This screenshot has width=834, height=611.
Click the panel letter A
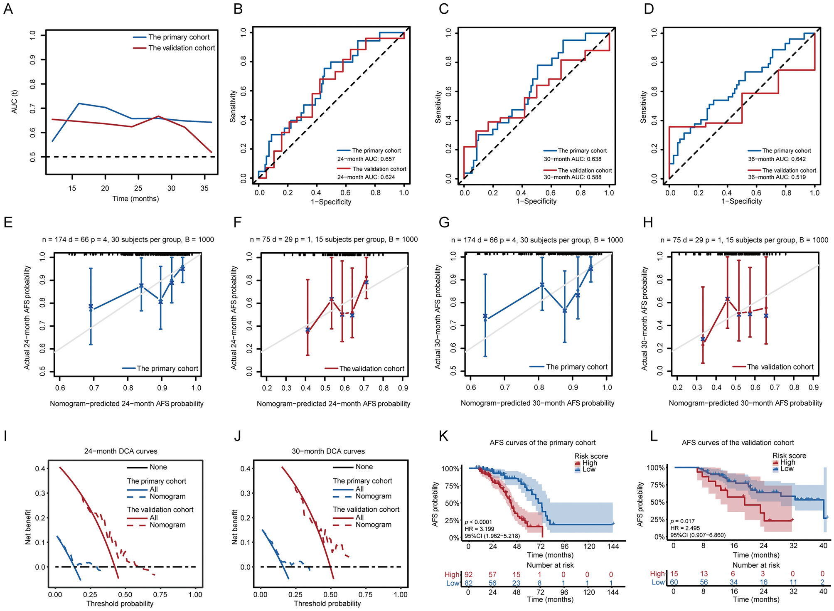coord(8,9)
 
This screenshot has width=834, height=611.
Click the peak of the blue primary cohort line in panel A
coord(79,103)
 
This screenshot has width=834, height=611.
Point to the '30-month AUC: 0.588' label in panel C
coord(573,177)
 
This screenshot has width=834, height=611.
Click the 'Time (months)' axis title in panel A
coord(135,199)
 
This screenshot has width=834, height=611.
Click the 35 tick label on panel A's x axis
coord(204,188)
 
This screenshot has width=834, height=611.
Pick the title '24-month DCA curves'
coord(121,451)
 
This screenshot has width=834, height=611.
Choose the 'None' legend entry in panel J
coord(364,467)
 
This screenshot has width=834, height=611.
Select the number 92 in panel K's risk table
coord(468,574)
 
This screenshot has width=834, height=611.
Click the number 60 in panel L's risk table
coord(674,582)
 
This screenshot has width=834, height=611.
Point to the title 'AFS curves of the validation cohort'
coord(738,443)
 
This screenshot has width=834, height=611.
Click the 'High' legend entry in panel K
coord(589,463)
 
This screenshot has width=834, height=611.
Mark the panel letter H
coord(647,223)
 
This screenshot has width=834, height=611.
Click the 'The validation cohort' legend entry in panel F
coord(371,369)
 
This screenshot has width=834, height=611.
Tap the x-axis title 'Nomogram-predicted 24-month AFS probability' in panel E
coord(127,404)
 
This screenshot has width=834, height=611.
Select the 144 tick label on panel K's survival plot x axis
coord(613,546)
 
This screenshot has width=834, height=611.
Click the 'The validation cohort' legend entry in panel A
coord(182,48)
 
